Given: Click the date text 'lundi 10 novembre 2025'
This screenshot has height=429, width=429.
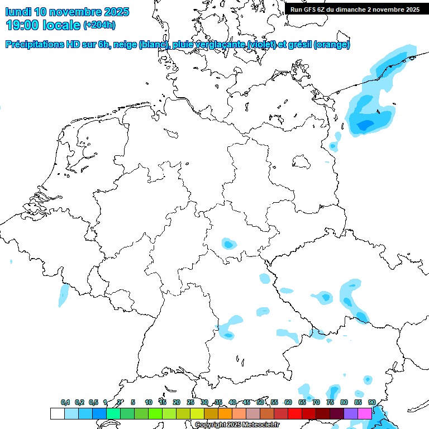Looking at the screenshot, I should pos(67,12).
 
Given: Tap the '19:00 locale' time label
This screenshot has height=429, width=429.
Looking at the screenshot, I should pos(44,25).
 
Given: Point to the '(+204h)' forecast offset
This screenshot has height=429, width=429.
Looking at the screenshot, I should pos(99,25).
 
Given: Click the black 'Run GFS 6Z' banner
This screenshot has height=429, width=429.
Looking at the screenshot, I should pos(355,9).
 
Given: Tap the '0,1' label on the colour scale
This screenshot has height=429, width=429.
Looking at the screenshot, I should pos(65,402).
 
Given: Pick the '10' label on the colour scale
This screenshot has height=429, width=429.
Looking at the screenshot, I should pos(149,402).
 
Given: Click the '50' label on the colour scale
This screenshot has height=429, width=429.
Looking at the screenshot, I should pos(260,402).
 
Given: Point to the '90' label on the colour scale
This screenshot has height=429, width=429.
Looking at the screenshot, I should pos(372,402).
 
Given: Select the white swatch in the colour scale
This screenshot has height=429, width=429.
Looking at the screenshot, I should pos(58,413).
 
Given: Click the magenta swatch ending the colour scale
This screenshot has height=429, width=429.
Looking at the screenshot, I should pos(365,413).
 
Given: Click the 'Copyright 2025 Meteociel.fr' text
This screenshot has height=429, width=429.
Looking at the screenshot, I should pos(236,425).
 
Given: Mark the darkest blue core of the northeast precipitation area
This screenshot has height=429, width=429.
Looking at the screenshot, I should pos(366,125).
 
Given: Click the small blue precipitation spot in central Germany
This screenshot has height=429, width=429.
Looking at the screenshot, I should pos(228,244).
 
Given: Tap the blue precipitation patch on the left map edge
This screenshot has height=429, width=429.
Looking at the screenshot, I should pos(64,295).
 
